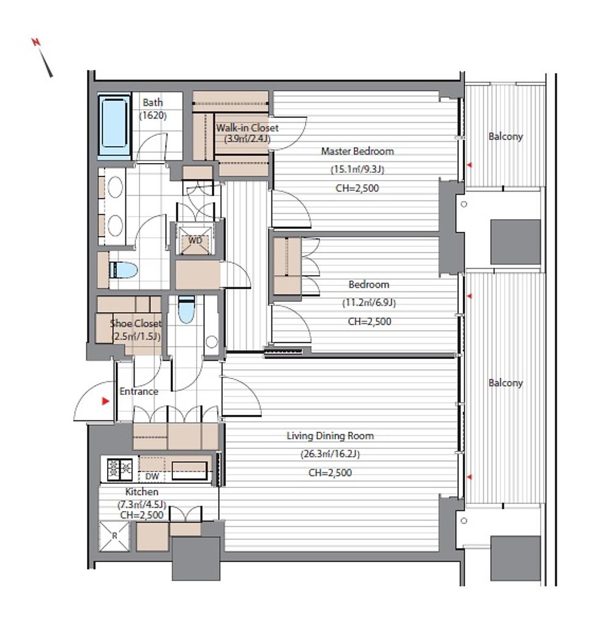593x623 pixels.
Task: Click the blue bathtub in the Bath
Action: pos(114,126)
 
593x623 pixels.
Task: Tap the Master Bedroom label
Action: pos(357,151)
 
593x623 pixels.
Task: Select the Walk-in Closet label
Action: pos(247,128)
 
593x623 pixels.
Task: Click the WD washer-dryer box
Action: pos(195,240)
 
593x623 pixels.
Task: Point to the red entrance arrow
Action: pos(105,402)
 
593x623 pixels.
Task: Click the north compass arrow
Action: pos(43,58)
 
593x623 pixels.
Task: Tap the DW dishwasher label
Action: pos(152,476)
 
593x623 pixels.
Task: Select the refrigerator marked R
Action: pos(114,536)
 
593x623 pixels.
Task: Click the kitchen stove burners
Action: pos(120,469)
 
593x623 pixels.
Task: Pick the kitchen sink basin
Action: pos(189,471)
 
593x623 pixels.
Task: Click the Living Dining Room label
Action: pos(330,436)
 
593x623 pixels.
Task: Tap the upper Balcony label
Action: pos(505,137)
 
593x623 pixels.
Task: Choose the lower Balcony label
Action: pos(505,383)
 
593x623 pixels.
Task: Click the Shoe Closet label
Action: pos(136,324)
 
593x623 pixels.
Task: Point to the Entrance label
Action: pos(139,391)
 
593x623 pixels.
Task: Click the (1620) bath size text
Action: pos(153,116)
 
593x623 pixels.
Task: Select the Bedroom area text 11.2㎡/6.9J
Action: pos(369,303)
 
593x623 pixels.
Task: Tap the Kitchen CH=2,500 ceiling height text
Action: pos(142,515)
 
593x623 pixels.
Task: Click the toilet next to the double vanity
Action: pos(124,270)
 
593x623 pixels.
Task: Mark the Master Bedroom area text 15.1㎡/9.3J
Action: pos(357,170)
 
